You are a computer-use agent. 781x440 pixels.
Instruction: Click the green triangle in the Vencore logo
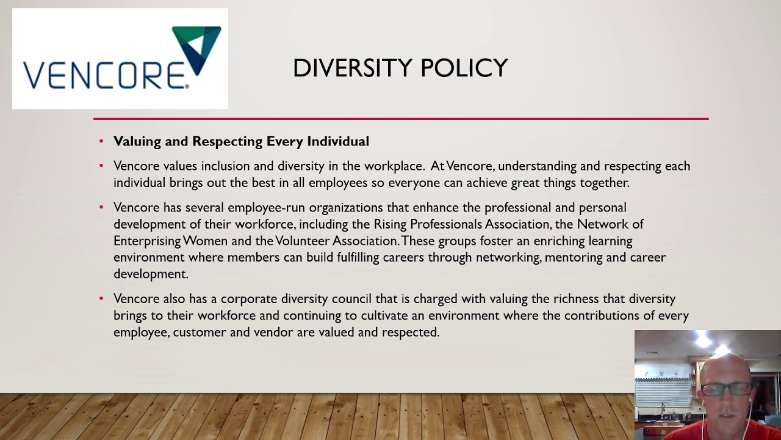[x=183, y=35]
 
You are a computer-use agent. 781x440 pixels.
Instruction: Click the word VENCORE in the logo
[x=104, y=73]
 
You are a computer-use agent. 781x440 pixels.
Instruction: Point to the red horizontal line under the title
[x=400, y=119]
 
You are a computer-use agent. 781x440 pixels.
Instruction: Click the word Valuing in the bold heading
[x=137, y=142]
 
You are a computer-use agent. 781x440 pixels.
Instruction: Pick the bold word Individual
[x=338, y=142]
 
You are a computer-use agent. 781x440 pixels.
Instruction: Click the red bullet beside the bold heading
[x=101, y=142]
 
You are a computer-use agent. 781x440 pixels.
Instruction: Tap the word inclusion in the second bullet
[x=225, y=166]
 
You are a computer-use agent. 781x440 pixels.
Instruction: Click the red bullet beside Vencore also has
[x=101, y=299]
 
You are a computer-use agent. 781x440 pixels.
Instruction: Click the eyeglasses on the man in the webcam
[x=730, y=389]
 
